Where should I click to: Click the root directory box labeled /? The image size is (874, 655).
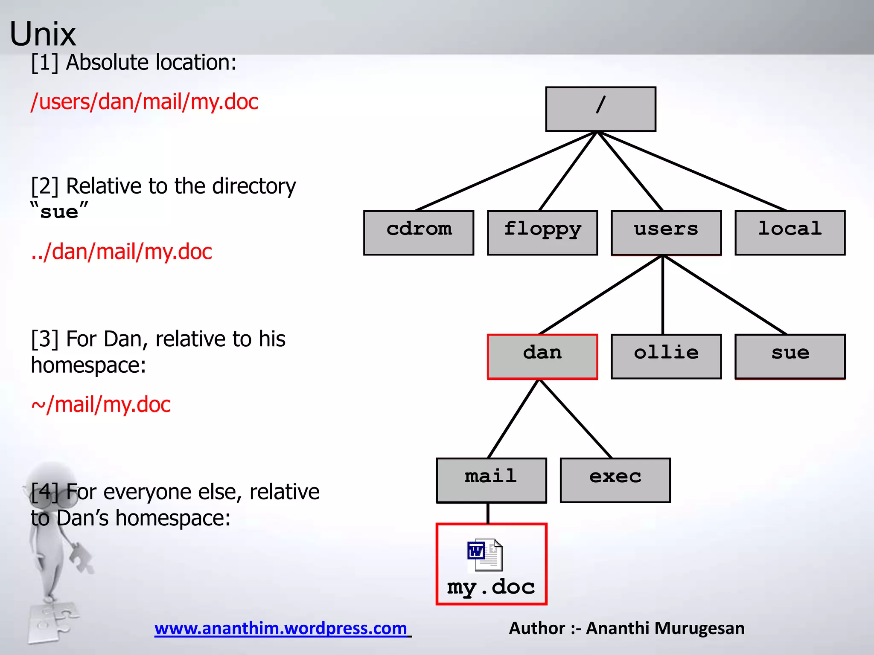click(x=600, y=109)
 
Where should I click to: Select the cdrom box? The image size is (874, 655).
click(x=419, y=232)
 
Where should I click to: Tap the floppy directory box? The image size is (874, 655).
click(x=542, y=232)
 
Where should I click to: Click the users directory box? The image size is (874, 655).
click(x=666, y=232)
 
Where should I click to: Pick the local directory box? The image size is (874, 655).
click(x=790, y=232)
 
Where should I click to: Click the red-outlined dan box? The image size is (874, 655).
click(x=542, y=356)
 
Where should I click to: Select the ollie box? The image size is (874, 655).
click(x=666, y=356)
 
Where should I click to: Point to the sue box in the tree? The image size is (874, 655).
click(x=790, y=356)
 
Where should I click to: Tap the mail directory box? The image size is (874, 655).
click(x=491, y=480)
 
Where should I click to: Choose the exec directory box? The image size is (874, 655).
click(x=615, y=480)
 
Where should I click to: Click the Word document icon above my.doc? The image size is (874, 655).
click(x=485, y=555)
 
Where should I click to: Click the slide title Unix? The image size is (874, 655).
click(x=43, y=34)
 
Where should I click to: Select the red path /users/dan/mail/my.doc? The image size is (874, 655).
click(x=144, y=102)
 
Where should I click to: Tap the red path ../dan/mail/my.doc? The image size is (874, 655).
click(x=122, y=252)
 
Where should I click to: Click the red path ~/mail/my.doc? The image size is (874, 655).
click(x=101, y=404)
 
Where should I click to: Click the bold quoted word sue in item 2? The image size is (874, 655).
click(x=59, y=212)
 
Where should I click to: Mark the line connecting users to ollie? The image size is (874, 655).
click(x=663, y=294)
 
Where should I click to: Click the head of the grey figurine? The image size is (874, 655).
click(x=51, y=482)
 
